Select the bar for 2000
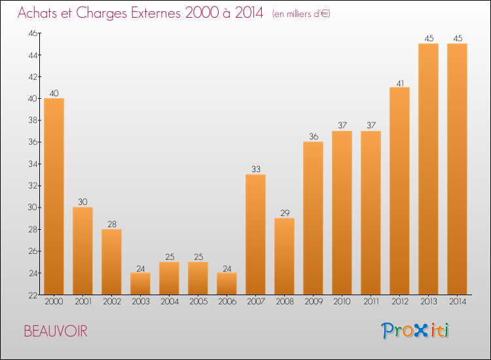pyautogui.click(x=54, y=196)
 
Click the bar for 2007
pyautogui.click(x=255, y=234)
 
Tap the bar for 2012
pyautogui.click(x=399, y=190)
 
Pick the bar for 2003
pyautogui.click(x=140, y=283)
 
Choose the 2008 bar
pyautogui.click(x=284, y=257)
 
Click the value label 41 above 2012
pyautogui.click(x=400, y=83)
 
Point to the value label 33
pyautogui.click(x=256, y=169)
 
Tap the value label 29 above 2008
pyautogui.click(x=285, y=213)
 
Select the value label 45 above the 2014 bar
pyautogui.click(x=458, y=38)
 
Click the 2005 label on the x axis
pyautogui.click(x=198, y=301)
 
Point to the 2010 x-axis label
pyautogui.click(x=342, y=301)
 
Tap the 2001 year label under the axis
pyautogui.click(x=83, y=301)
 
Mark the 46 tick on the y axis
pyautogui.click(x=33, y=33)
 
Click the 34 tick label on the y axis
pyautogui.click(x=33, y=164)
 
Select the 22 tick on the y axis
pyautogui.click(x=33, y=295)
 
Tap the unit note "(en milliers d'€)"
pyautogui.click(x=301, y=14)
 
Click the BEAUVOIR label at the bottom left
pyautogui.click(x=56, y=331)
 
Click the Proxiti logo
pyautogui.click(x=415, y=331)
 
